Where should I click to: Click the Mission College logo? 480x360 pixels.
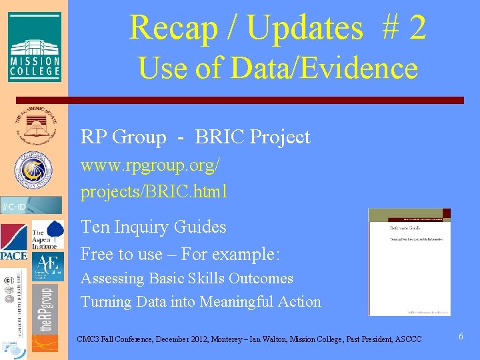pyautogui.click(x=35, y=47)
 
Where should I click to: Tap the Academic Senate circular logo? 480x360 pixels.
pyautogui.click(x=33, y=125)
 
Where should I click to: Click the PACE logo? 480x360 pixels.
pyautogui.click(x=14, y=242)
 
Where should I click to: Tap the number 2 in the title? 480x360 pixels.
pyautogui.click(x=417, y=28)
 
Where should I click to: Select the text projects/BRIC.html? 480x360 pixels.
pyautogui.click(x=154, y=192)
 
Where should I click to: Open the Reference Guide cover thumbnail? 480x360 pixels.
pyautogui.click(x=409, y=262)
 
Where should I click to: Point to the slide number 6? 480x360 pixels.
pyautogui.click(x=460, y=337)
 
